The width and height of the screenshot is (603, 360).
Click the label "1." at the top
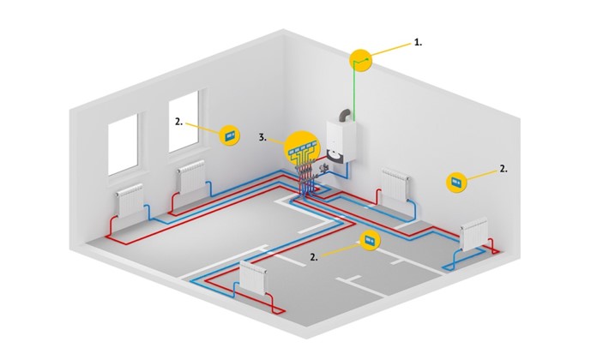[418, 43]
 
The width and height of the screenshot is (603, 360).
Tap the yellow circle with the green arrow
[361, 61]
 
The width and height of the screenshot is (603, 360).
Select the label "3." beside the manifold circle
[262, 137]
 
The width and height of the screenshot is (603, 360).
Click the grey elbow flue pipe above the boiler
[344, 115]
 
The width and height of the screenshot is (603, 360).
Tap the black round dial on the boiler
[334, 153]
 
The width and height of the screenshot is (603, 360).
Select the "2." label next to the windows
[178, 122]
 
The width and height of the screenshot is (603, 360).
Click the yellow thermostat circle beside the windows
[230, 135]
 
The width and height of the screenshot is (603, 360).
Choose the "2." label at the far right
[504, 169]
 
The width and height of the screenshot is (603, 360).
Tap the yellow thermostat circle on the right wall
[456, 182]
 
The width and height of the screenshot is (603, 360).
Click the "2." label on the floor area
[314, 257]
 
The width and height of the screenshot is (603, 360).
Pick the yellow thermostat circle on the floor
[370, 241]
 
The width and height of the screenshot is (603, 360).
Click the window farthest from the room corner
[123, 144]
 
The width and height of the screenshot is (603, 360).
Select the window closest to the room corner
[184, 122]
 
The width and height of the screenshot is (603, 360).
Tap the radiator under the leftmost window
[130, 201]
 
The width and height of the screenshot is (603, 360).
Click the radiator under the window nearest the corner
[191, 177]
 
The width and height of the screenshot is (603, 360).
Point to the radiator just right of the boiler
[395, 185]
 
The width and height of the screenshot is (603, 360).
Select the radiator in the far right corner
[474, 234]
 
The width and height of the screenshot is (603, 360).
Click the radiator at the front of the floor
[253, 279]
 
